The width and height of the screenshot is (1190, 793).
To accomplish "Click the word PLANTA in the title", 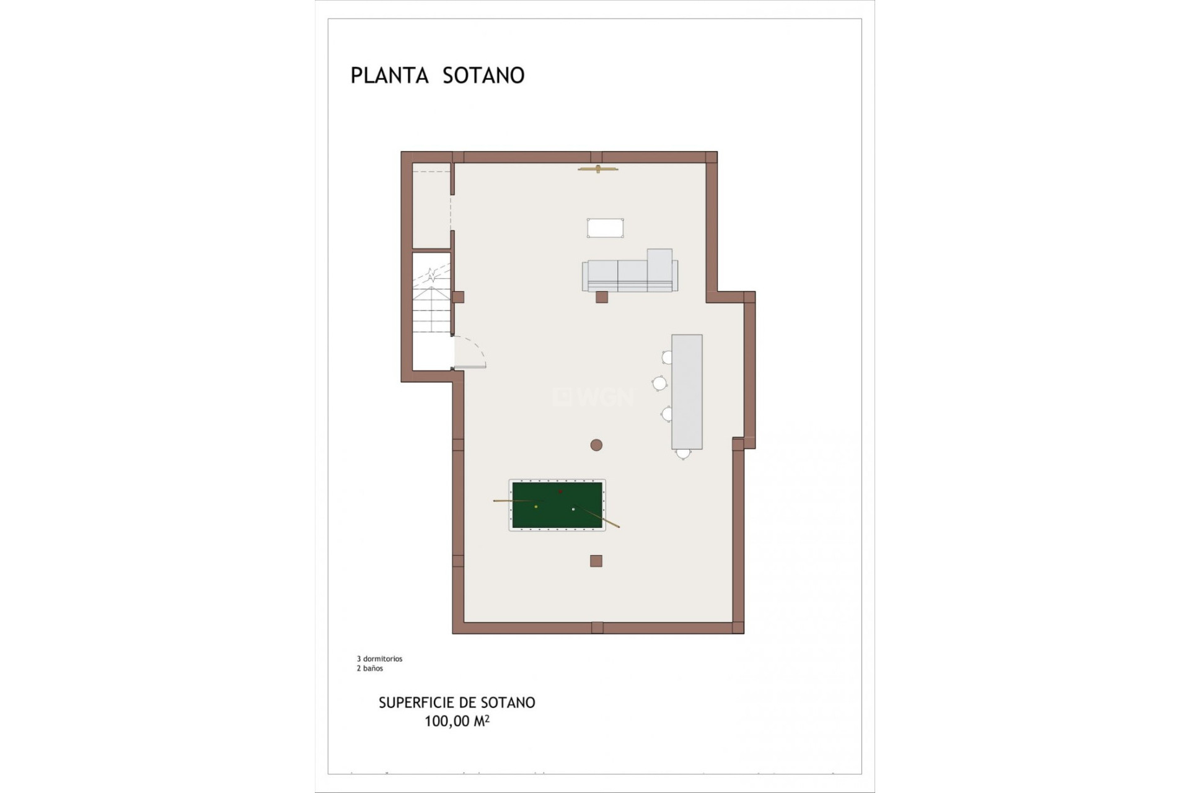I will pos(389,76).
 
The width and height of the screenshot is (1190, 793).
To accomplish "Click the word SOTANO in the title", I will pos(483,76).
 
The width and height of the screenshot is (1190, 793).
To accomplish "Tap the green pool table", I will pos(557,505).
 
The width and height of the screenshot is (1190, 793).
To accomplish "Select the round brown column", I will pos(596,445).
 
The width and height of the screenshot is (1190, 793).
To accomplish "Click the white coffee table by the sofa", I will pos(605,228).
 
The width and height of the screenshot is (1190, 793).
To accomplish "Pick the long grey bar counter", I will pos(687,392).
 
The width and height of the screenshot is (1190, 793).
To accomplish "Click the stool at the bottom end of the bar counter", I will pos(683,454).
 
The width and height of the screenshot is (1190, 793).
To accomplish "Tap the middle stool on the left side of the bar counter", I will pos(659,383).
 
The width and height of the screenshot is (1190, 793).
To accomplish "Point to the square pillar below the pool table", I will pos(596,561).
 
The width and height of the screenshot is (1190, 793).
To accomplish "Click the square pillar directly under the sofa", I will pos(601,297).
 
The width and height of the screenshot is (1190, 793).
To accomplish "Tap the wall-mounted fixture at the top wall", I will pos(597,169).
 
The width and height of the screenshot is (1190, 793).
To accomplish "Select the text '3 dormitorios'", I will pos(379,659).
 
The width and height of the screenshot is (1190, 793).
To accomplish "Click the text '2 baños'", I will pos(369,668).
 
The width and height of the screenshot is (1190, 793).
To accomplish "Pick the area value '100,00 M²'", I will pos(457,721).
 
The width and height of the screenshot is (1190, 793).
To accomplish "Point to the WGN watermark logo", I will pos(594,397).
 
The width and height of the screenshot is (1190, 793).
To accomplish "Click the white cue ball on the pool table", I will pos(573,509).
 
